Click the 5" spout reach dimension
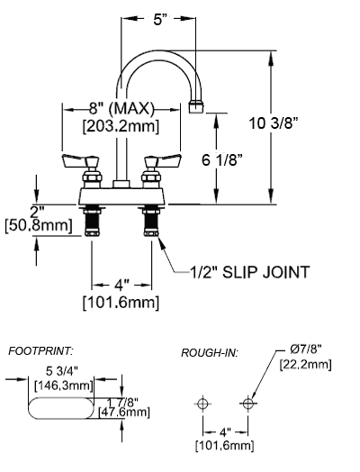point(157,20)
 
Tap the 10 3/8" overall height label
point(274,123)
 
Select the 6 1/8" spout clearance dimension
point(222,159)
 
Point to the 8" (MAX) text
point(121,108)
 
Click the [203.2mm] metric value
point(121,126)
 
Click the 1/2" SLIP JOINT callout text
point(249,272)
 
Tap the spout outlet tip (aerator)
point(196,107)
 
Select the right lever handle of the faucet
point(163,160)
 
